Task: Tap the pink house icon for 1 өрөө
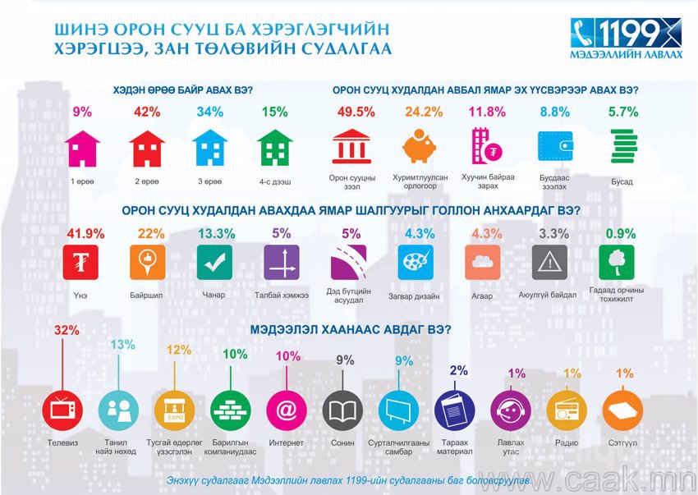click(83, 149)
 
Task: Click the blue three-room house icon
click(209, 149)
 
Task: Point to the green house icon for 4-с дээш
click(273, 149)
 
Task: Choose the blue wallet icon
click(555, 147)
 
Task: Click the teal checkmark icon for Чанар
click(214, 264)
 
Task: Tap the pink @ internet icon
click(286, 408)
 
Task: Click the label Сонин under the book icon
click(343, 443)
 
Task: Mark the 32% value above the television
click(66, 331)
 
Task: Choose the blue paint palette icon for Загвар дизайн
click(414, 264)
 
